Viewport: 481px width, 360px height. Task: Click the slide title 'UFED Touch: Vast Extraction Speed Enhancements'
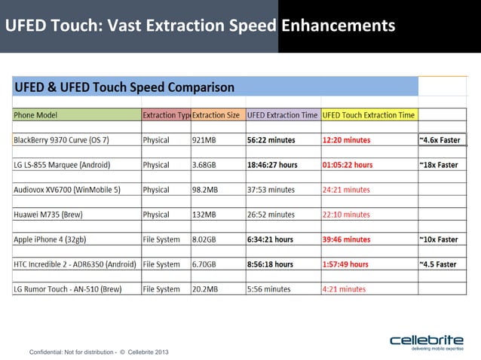[x=200, y=26]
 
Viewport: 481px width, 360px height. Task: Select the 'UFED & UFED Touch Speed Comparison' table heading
[x=124, y=87]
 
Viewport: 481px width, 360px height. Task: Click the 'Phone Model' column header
[x=35, y=115]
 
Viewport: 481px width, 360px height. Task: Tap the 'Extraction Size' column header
[x=216, y=115]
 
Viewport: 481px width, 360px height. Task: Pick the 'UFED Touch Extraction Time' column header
[x=369, y=115]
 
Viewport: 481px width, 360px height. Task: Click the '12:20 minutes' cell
[x=347, y=140]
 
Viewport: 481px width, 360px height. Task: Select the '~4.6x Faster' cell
[x=439, y=140]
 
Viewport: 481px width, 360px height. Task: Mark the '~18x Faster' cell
[x=439, y=165]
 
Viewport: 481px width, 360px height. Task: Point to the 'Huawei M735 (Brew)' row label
[x=48, y=215]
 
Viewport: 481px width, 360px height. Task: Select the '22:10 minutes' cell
[x=346, y=215]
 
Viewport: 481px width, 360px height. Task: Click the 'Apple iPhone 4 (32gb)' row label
[x=53, y=239]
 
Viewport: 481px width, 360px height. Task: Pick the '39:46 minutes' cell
[x=347, y=239]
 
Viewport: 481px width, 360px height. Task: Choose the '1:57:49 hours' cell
[x=347, y=264]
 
